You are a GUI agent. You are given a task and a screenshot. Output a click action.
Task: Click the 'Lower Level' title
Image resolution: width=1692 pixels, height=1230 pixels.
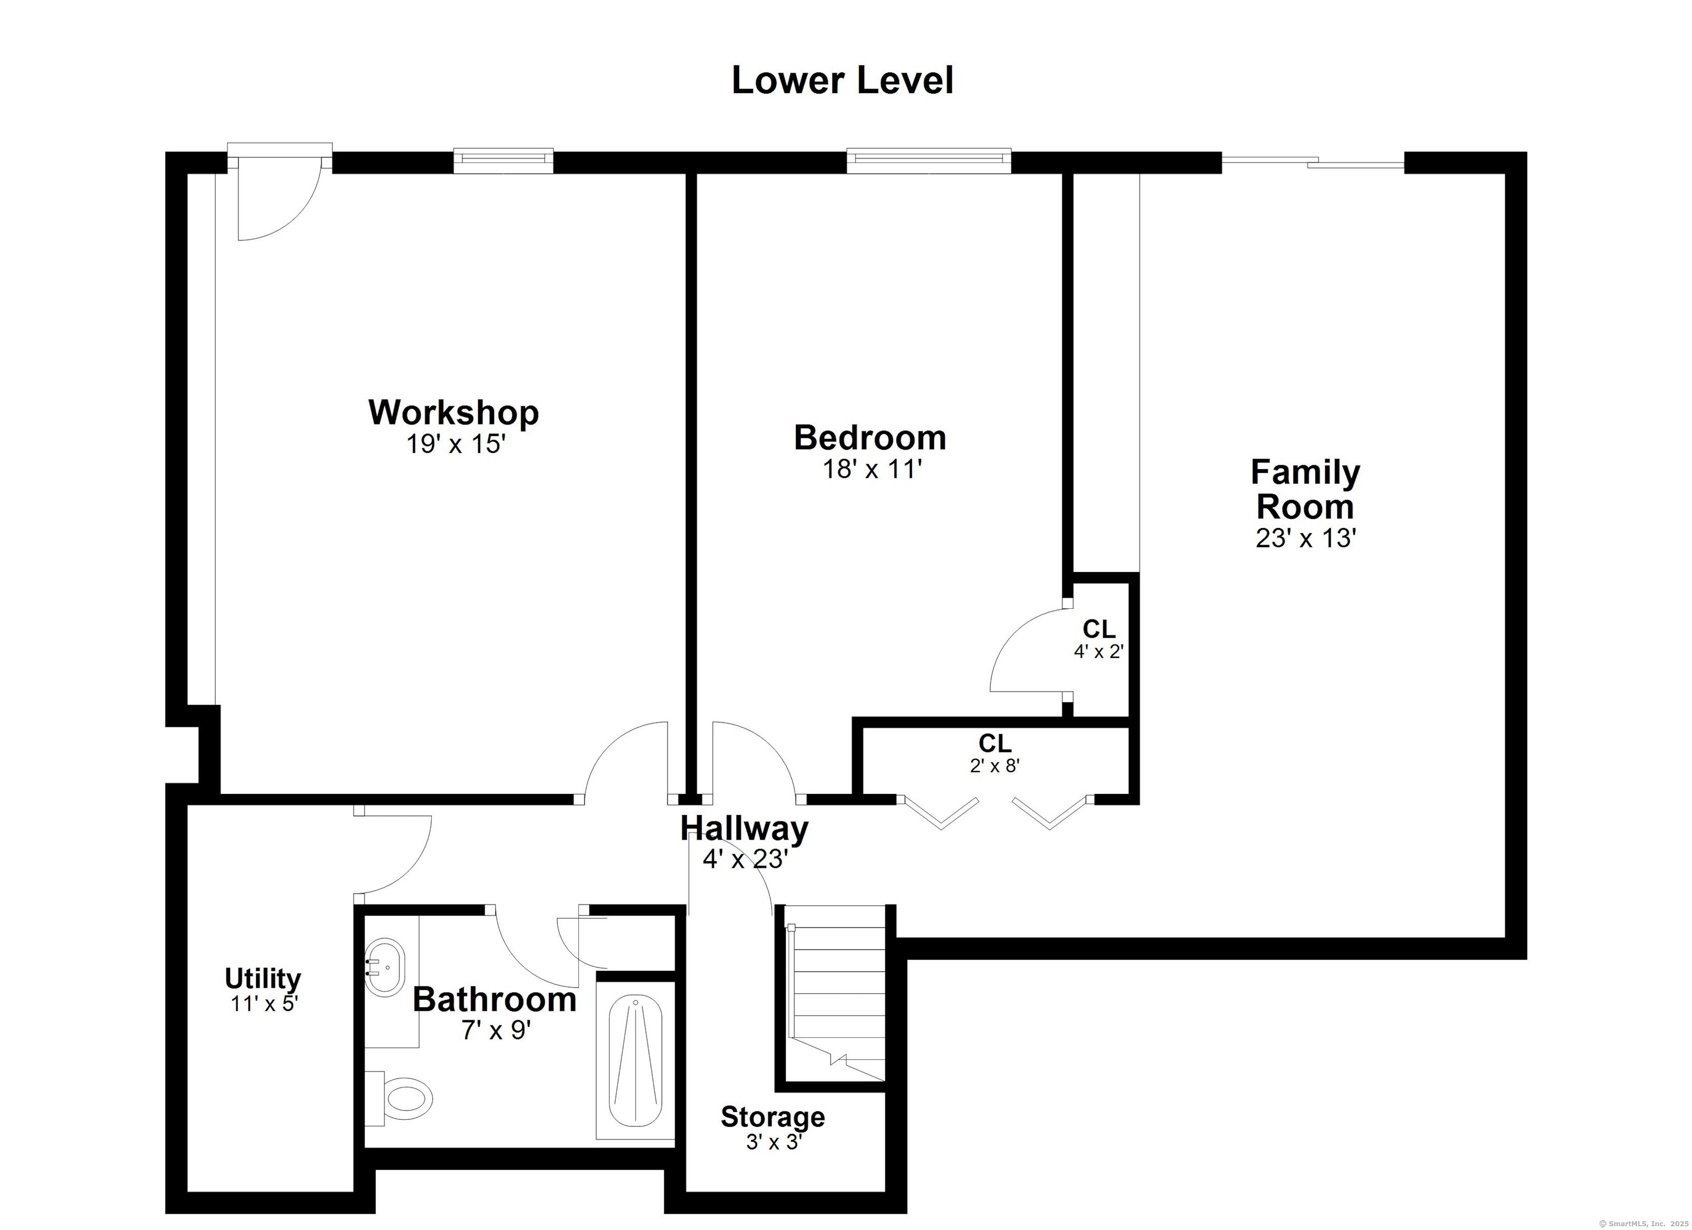(842, 80)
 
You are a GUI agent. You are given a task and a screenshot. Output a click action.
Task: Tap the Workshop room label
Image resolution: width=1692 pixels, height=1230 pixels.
(454, 412)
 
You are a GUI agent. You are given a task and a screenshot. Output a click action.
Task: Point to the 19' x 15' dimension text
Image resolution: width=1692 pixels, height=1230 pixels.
(456, 444)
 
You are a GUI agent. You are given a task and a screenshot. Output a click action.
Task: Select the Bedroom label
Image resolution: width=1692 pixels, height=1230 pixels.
(870, 437)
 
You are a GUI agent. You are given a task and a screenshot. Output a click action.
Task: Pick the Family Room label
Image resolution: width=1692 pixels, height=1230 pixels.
(1305, 489)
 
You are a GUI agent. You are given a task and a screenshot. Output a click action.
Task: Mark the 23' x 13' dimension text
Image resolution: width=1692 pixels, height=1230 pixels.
(1305, 538)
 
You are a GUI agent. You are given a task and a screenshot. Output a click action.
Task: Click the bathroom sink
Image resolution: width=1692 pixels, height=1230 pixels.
(384, 967)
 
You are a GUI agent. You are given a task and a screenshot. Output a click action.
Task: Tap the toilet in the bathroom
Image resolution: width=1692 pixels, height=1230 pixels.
(400, 1097)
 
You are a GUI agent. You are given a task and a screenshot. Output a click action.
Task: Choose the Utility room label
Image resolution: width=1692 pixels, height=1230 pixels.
(263, 978)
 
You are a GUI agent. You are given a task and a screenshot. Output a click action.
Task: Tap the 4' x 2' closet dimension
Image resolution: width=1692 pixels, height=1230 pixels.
(1098, 651)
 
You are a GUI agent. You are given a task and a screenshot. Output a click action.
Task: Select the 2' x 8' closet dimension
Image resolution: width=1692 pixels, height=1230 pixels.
(995, 766)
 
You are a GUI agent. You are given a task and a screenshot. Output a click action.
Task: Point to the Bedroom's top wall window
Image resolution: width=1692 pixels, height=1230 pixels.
(929, 160)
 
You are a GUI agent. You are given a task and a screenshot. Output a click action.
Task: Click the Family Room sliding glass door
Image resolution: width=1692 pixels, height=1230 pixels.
(1313, 162)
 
